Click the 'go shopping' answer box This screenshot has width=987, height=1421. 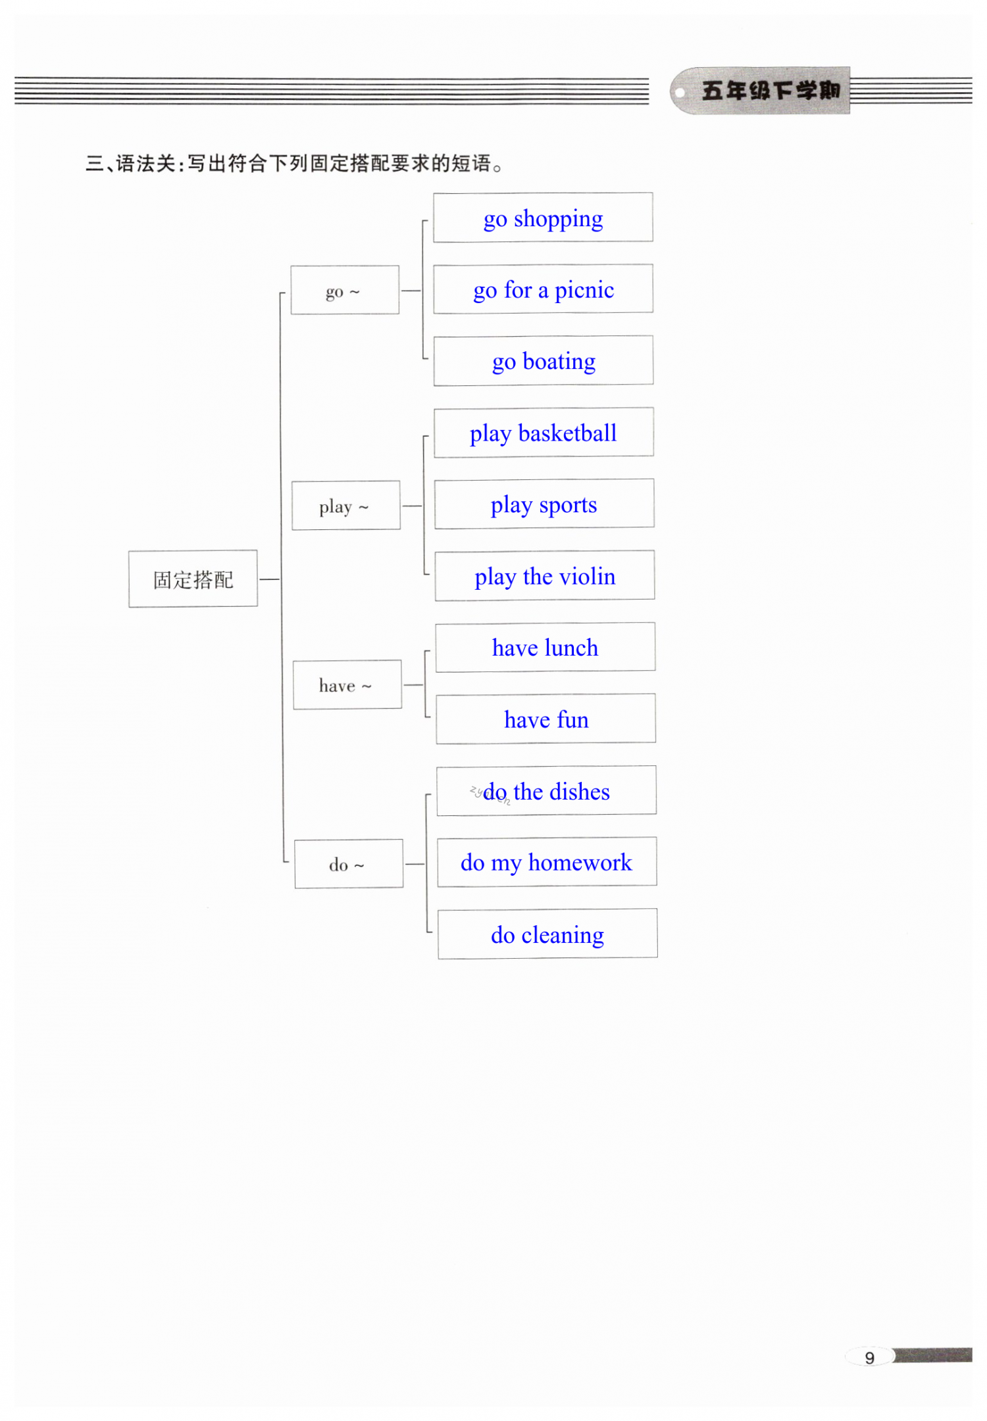click(x=543, y=218)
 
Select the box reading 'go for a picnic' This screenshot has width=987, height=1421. click(x=544, y=289)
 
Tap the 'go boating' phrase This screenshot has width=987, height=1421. click(x=544, y=361)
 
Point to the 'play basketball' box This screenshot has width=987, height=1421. click(x=544, y=433)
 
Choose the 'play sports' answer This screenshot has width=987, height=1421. click(x=544, y=504)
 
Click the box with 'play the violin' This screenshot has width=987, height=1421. click(x=545, y=576)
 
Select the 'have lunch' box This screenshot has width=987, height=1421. click(x=545, y=648)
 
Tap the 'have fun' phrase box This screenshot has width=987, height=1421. click(x=546, y=719)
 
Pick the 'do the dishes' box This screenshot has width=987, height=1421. click(x=546, y=791)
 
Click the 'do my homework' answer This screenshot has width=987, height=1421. click(x=547, y=862)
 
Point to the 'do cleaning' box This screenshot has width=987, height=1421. click(x=547, y=934)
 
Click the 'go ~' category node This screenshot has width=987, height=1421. click(x=345, y=291)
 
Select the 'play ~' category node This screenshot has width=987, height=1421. click(x=346, y=506)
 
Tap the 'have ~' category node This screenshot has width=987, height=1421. click(x=347, y=685)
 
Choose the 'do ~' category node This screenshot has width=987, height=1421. click(x=349, y=864)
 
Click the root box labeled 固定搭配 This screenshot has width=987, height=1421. click(x=193, y=579)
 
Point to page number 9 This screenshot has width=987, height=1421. click(x=869, y=1358)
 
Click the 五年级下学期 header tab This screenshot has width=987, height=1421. click(x=770, y=91)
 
